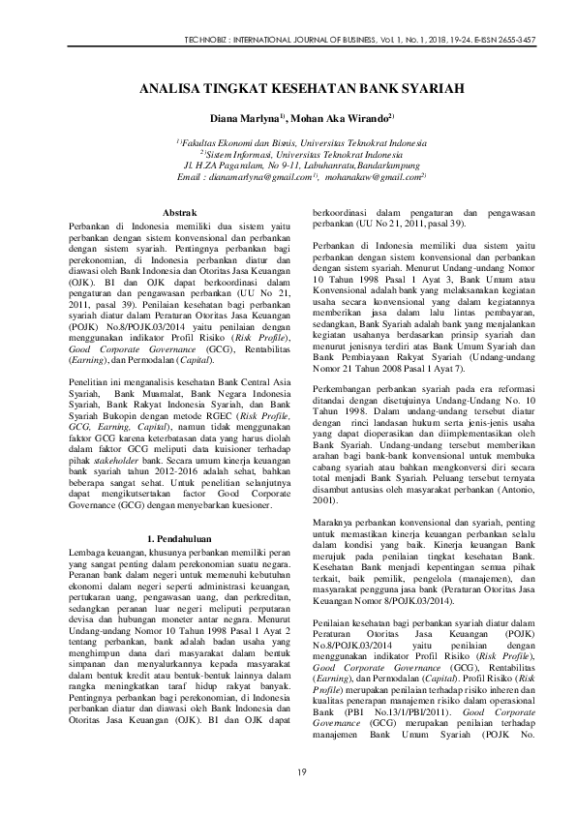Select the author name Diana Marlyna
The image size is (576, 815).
click(246, 118)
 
